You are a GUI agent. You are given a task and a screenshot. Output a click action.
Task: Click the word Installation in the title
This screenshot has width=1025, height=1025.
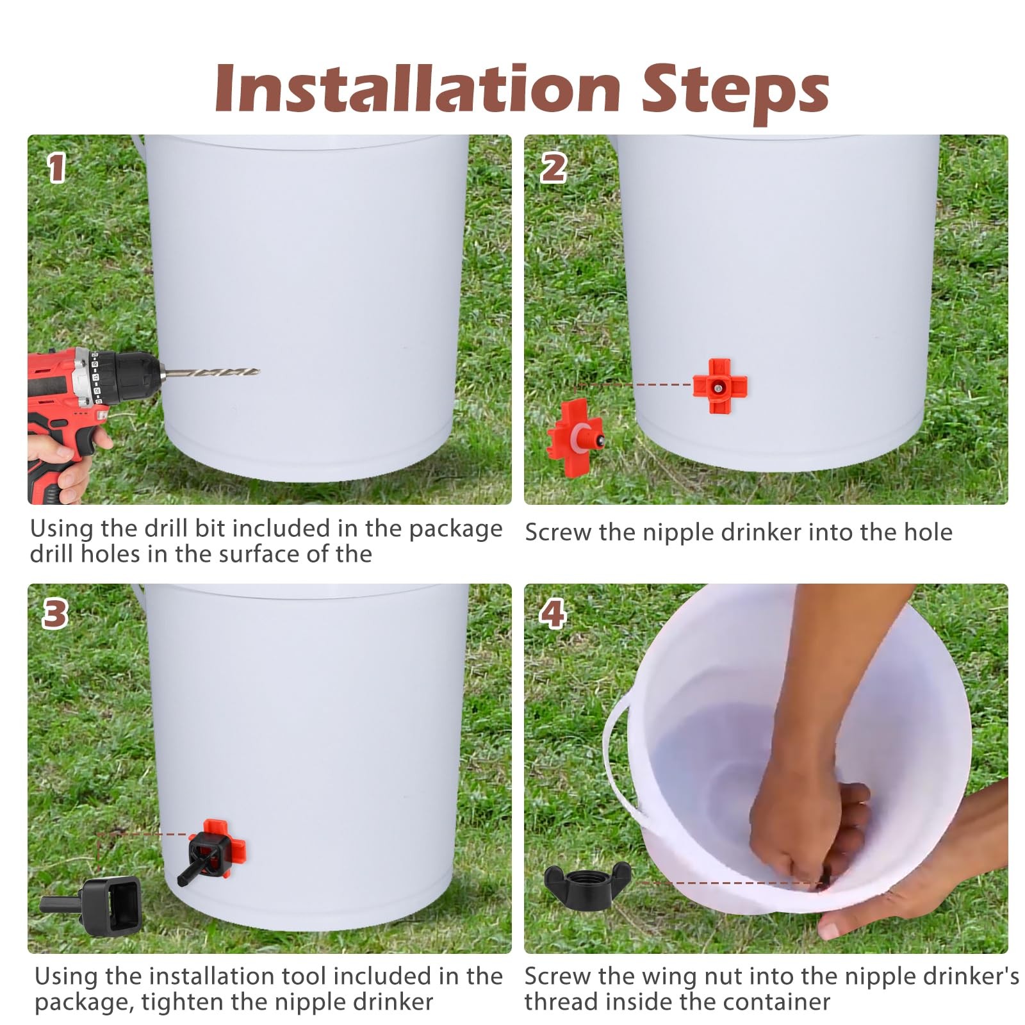point(417,89)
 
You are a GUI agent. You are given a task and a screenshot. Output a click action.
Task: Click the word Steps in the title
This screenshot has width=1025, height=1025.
point(735,95)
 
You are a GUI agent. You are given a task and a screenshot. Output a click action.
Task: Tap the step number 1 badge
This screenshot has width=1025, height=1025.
point(57,168)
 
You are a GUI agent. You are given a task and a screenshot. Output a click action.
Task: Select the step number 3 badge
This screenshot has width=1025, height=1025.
point(54,614)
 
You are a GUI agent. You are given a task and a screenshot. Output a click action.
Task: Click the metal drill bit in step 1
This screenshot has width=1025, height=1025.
point(209,372)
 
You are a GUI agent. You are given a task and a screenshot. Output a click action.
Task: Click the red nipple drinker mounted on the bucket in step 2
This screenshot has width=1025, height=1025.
point(720,386)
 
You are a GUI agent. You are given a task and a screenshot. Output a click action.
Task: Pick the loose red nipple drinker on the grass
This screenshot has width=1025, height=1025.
point(575,432)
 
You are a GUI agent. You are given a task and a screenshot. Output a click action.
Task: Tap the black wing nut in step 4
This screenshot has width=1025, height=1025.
point(587,882)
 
